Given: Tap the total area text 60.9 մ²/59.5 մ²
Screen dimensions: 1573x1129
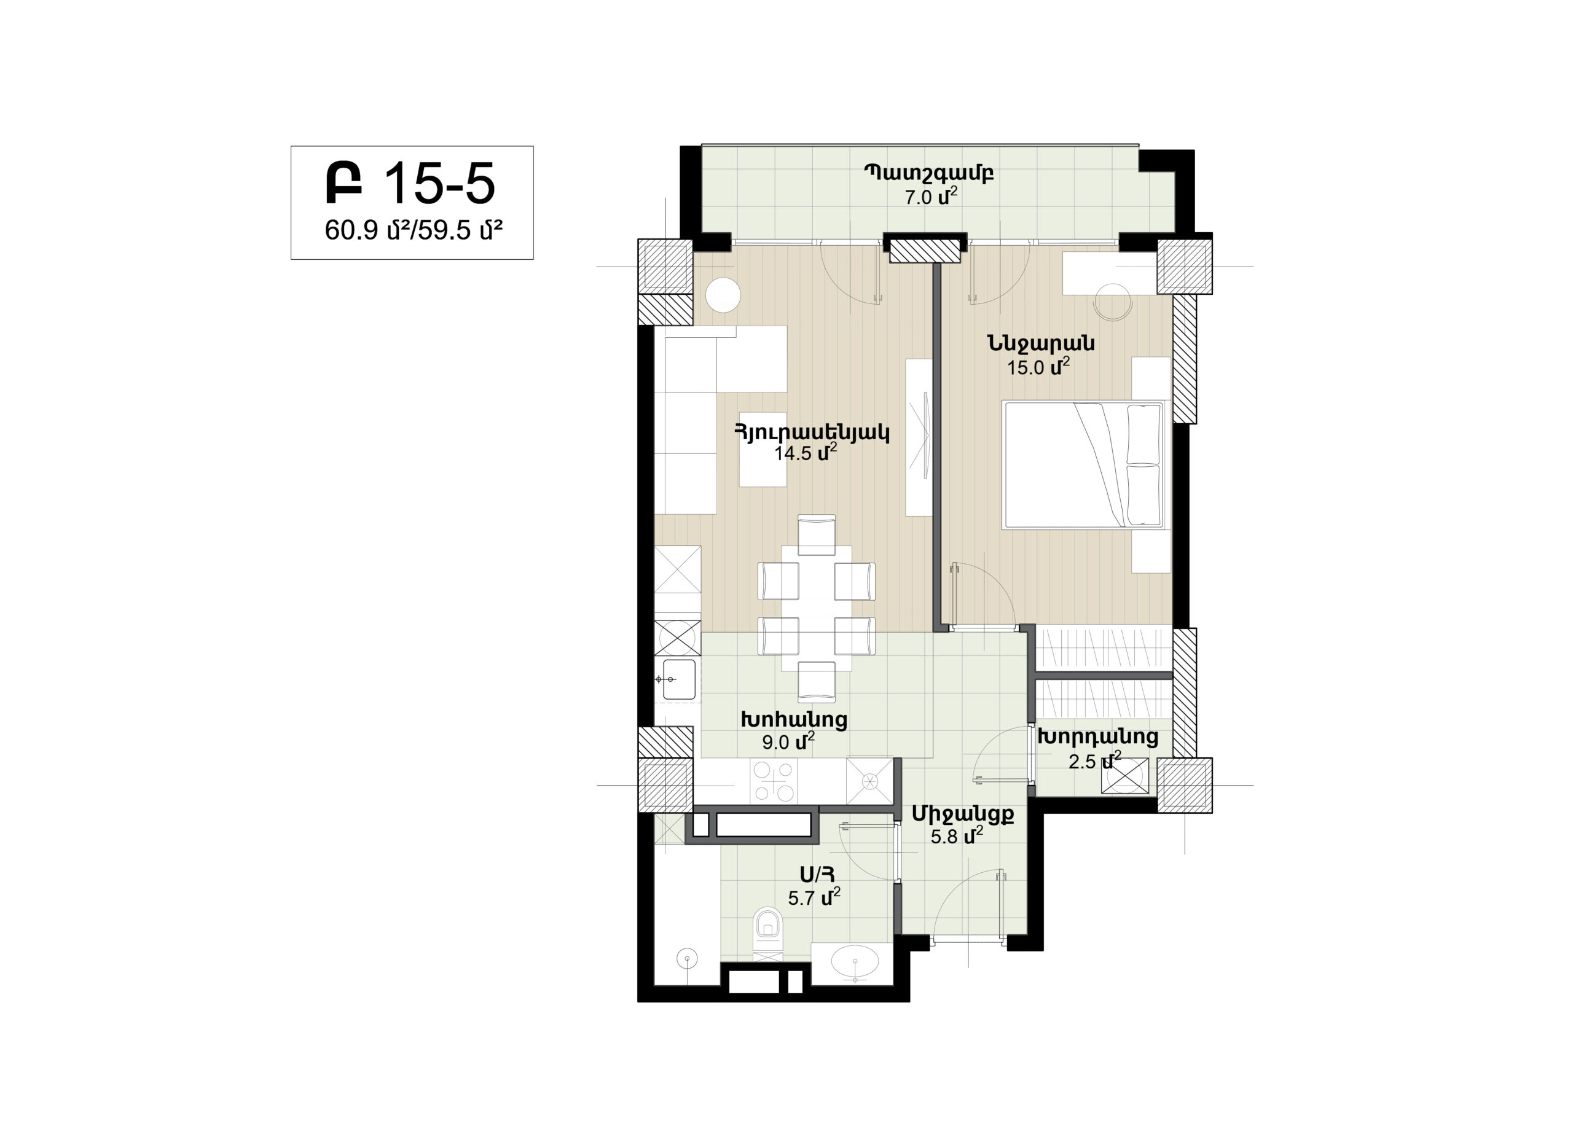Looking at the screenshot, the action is point(414,230).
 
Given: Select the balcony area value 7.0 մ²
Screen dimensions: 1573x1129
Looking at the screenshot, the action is point(931,197).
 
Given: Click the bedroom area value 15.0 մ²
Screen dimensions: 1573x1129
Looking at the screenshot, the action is point(1038,366).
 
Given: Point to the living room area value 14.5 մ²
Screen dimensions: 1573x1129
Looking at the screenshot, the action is point(805,452).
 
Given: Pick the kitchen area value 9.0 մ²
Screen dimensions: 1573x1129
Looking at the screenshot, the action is point(788,741).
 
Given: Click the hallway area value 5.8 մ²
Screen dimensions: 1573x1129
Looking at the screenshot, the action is point(957,835).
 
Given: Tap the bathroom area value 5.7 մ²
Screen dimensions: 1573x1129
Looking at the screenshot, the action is point(814,897).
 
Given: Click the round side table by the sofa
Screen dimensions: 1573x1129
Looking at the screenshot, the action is point(723,295).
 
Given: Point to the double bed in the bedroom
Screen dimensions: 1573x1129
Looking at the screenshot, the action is point(1083,464).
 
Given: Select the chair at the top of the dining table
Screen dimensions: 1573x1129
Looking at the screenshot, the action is point(817,534).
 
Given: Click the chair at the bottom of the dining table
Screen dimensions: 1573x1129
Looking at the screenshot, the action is point(817,682).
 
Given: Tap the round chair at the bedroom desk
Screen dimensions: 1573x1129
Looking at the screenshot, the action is point(1113,302).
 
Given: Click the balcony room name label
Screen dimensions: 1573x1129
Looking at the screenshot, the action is point(928,173).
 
